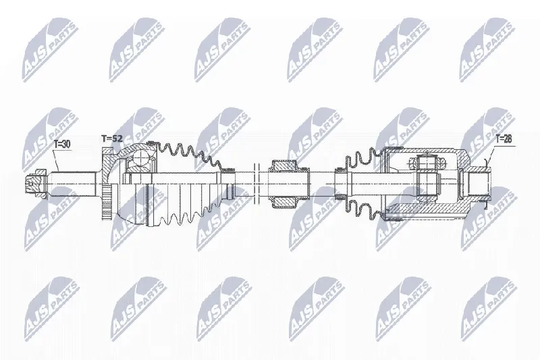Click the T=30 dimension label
click(x=62, y=144)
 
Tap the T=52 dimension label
click(x=112, y=139)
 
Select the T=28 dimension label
click(x=504, y=139)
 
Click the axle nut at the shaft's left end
click(x=36, y=184)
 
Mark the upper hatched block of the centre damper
click(x=284, y=166)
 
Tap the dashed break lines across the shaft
click(x=256, y=184)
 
